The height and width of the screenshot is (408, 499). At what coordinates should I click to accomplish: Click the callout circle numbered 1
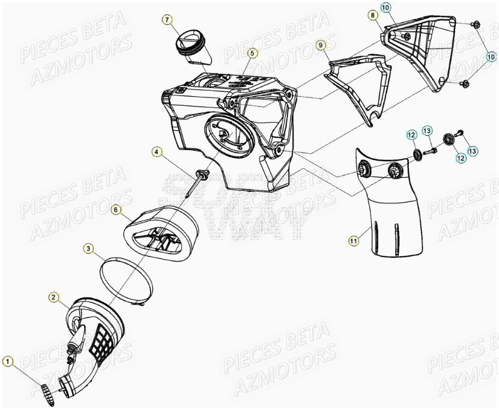(x=7, y=361)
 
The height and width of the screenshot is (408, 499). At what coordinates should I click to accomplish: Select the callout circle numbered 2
(x=53, y=297)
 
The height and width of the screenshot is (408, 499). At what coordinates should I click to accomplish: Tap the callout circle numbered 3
(x=88, y=248)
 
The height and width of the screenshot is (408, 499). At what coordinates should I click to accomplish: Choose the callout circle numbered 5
(x=253, y=53)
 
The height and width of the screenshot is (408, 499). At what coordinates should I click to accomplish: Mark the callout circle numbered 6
(x=116, y=210)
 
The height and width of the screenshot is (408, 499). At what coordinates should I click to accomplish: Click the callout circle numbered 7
(x=168, y=20)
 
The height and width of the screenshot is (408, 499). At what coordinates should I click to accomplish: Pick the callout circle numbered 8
(x=373, y=14)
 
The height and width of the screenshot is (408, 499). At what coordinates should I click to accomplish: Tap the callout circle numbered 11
(x=354, y=240)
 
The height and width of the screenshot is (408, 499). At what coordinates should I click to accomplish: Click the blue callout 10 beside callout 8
(x=387, y=7)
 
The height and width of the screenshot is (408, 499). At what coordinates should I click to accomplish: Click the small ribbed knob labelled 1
(x=47, y=392)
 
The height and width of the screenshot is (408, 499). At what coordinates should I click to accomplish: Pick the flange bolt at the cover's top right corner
(x=476, y=24)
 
